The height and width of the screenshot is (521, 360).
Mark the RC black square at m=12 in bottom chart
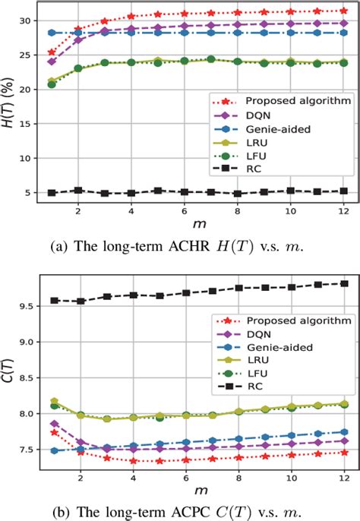point(344,283)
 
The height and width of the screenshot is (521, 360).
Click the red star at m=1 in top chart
point(52,52)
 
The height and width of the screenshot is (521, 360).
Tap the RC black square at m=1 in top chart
point(52,193)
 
